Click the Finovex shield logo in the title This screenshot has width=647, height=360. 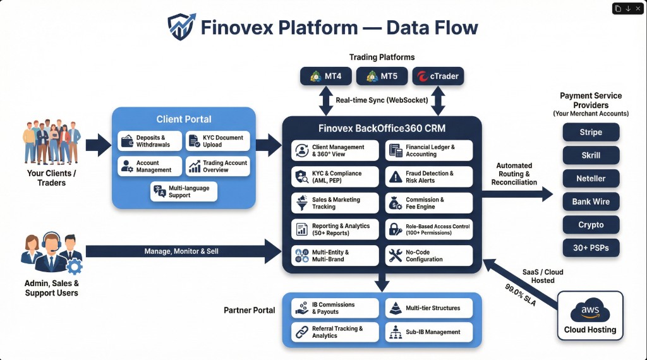point(181,27)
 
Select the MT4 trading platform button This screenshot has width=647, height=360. point(325,76)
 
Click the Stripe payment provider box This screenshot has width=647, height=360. point(591,133)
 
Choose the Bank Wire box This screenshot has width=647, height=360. point(591,201)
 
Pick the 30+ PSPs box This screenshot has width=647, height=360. point(591,248)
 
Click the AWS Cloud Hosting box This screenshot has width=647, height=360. point(590,316)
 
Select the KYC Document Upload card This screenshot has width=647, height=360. point(219,141)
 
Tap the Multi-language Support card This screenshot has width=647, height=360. point(184,191)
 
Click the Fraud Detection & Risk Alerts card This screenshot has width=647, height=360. point(429,177)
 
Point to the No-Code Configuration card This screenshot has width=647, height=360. point(429,255)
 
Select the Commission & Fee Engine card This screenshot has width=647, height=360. point(429,203)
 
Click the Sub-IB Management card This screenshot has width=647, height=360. point(429,332)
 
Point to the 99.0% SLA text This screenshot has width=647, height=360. point(520,295)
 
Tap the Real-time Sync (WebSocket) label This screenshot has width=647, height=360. point(382,100)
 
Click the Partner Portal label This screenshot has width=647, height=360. point(249,310)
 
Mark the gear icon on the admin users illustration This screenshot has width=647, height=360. point(74,266)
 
